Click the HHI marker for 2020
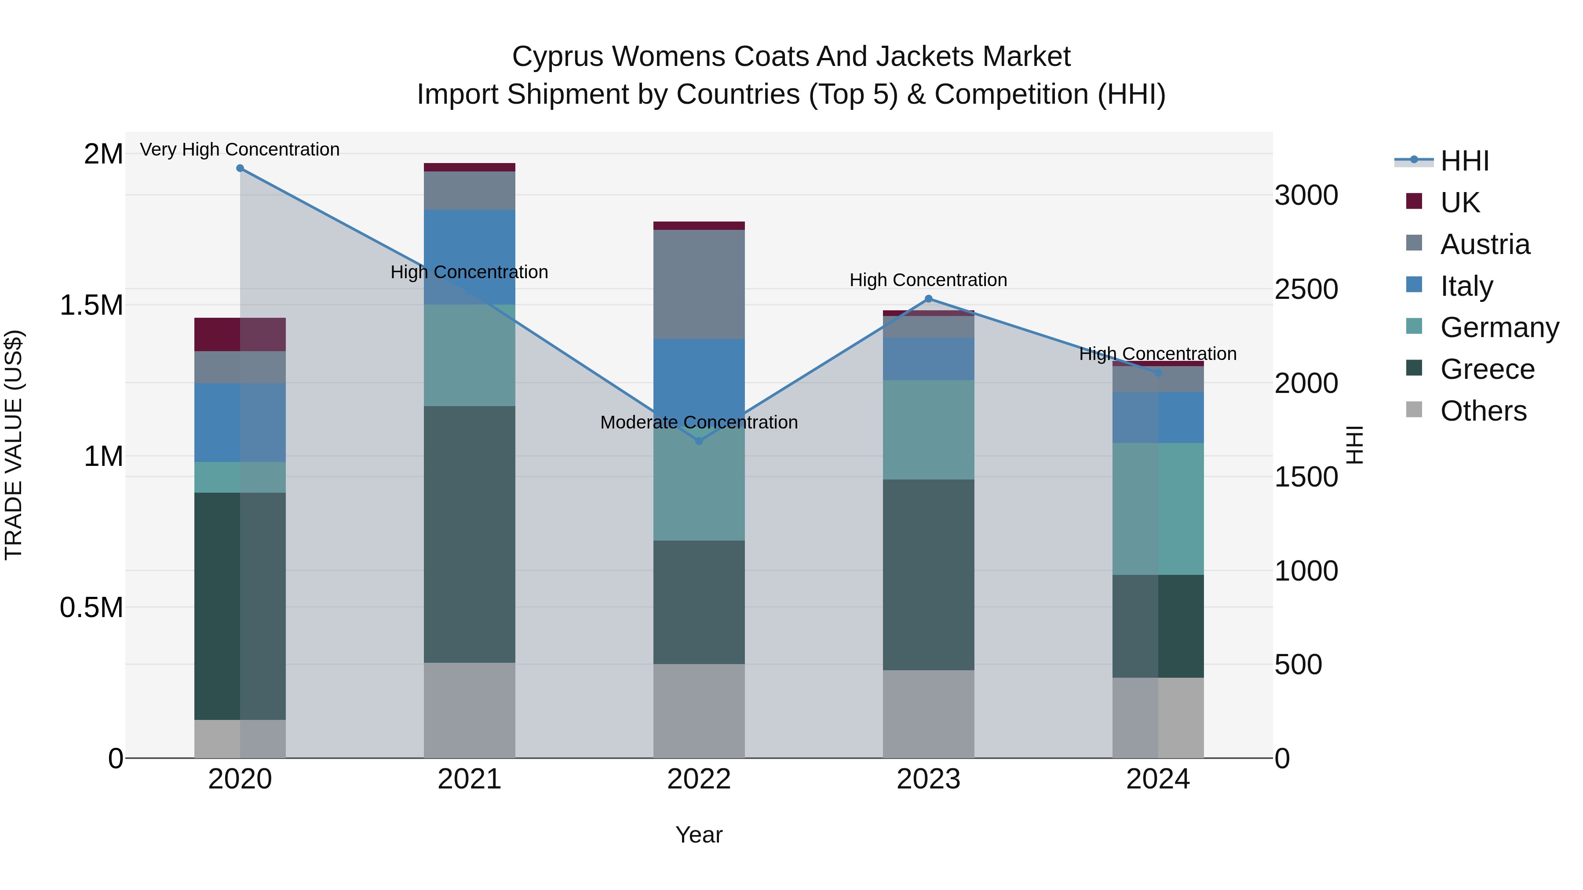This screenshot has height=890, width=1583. point(240,168)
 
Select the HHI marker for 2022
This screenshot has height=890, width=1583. point(699,441)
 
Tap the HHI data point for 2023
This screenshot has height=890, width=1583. point(929,299)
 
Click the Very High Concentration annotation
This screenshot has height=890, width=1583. point(240,149)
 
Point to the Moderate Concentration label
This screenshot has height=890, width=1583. point(699,422)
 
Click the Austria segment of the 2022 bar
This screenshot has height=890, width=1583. point(699,284)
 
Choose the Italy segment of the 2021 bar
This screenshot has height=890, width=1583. point(470,246)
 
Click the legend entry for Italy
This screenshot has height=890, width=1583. point(1466,286)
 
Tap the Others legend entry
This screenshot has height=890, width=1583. point(1483,411)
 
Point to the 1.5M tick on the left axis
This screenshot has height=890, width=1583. point(91,305)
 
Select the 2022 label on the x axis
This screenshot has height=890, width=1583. point(699,779)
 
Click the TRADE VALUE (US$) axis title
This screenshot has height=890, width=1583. point(14,445)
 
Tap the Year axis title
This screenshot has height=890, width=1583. point(699,835)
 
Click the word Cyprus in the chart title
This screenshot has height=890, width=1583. point(558,57)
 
